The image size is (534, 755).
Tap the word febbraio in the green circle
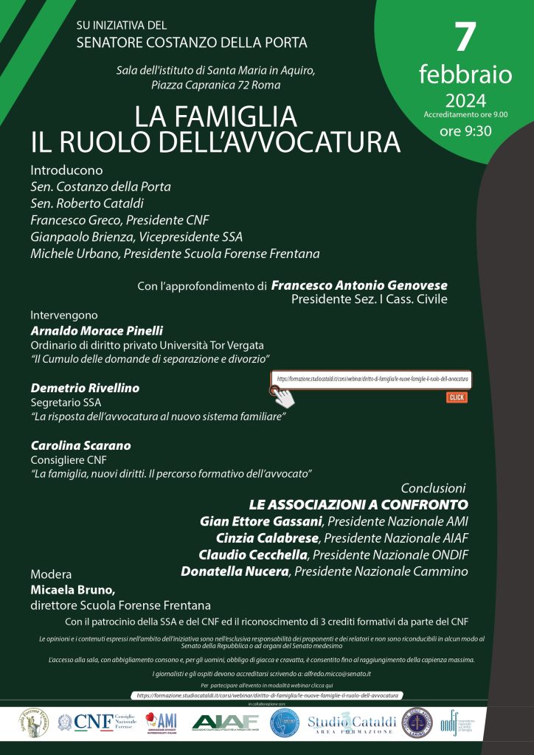[x=465, y=74]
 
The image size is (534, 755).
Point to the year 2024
[x=465, y=100]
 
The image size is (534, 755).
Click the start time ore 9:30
[x=465, y=132]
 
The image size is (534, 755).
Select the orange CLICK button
[x=457, y=397]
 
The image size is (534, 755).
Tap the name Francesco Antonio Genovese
[x=359, y=285]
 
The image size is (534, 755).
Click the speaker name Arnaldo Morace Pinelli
[x=97, y=330]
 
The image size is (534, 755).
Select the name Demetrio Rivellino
[x=85, y=388]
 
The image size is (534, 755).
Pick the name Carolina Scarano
[x=80, y=445]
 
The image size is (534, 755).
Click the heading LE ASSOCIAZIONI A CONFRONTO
[x=358, y=505]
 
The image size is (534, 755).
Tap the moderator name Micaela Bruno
[x=73, y=590]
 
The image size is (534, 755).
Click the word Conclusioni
[x=433, y=488]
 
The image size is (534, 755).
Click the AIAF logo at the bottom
[x=224, y=723]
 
